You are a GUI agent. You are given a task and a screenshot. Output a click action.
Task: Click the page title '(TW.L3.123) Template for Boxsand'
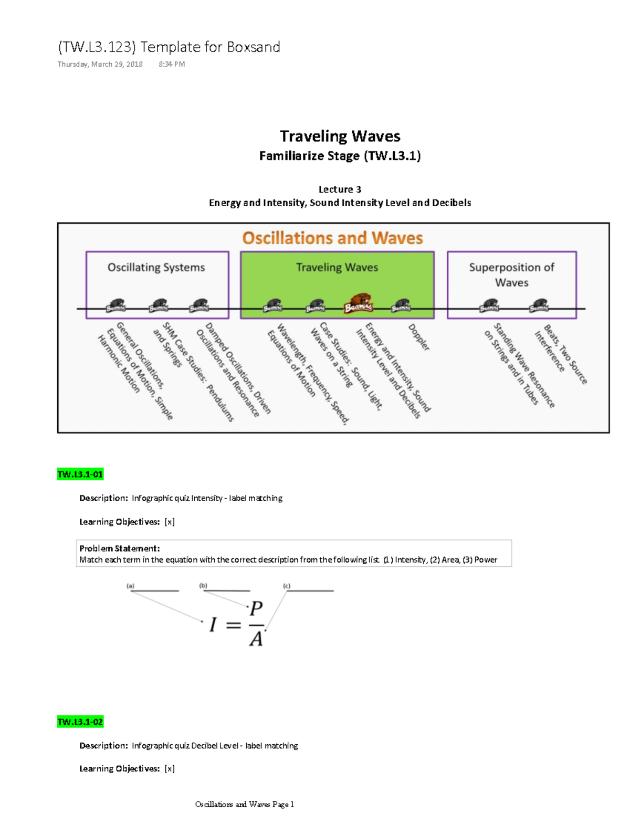(169, 47)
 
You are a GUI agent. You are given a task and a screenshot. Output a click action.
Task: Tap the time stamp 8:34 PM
(172, 65)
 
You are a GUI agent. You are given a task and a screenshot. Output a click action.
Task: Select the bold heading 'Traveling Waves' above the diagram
(340, 136)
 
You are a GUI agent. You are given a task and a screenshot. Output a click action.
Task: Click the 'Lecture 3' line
(340, 189)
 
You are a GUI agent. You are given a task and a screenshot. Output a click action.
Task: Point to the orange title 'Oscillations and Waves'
(332, 238)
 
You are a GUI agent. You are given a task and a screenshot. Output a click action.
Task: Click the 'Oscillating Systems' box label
(156, 268)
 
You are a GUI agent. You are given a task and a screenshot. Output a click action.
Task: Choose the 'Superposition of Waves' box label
(511, 274)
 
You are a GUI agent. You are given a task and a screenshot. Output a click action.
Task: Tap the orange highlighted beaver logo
(358, 304)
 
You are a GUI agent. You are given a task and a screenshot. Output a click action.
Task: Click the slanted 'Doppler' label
(419, 337)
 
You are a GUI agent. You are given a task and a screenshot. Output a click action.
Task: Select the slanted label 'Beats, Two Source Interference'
(560, 355)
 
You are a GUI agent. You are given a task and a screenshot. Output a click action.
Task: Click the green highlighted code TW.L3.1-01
(80, 474)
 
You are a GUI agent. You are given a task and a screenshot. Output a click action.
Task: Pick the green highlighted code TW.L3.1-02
(80, 722)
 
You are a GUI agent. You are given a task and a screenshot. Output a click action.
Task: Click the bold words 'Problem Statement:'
(119, 548)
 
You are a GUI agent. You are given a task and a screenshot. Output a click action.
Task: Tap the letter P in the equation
(256, 609)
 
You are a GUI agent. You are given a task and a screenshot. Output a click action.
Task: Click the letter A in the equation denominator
(256, 639)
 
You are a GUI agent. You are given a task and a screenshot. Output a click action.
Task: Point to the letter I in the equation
(213, 625)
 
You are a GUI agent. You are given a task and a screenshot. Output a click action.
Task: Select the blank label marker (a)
(131, 586)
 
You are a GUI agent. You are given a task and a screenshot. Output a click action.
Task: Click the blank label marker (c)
(287, 586)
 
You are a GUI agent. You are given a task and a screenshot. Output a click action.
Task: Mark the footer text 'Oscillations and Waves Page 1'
(244, 804)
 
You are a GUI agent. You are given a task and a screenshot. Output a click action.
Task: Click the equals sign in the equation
(233, 625)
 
